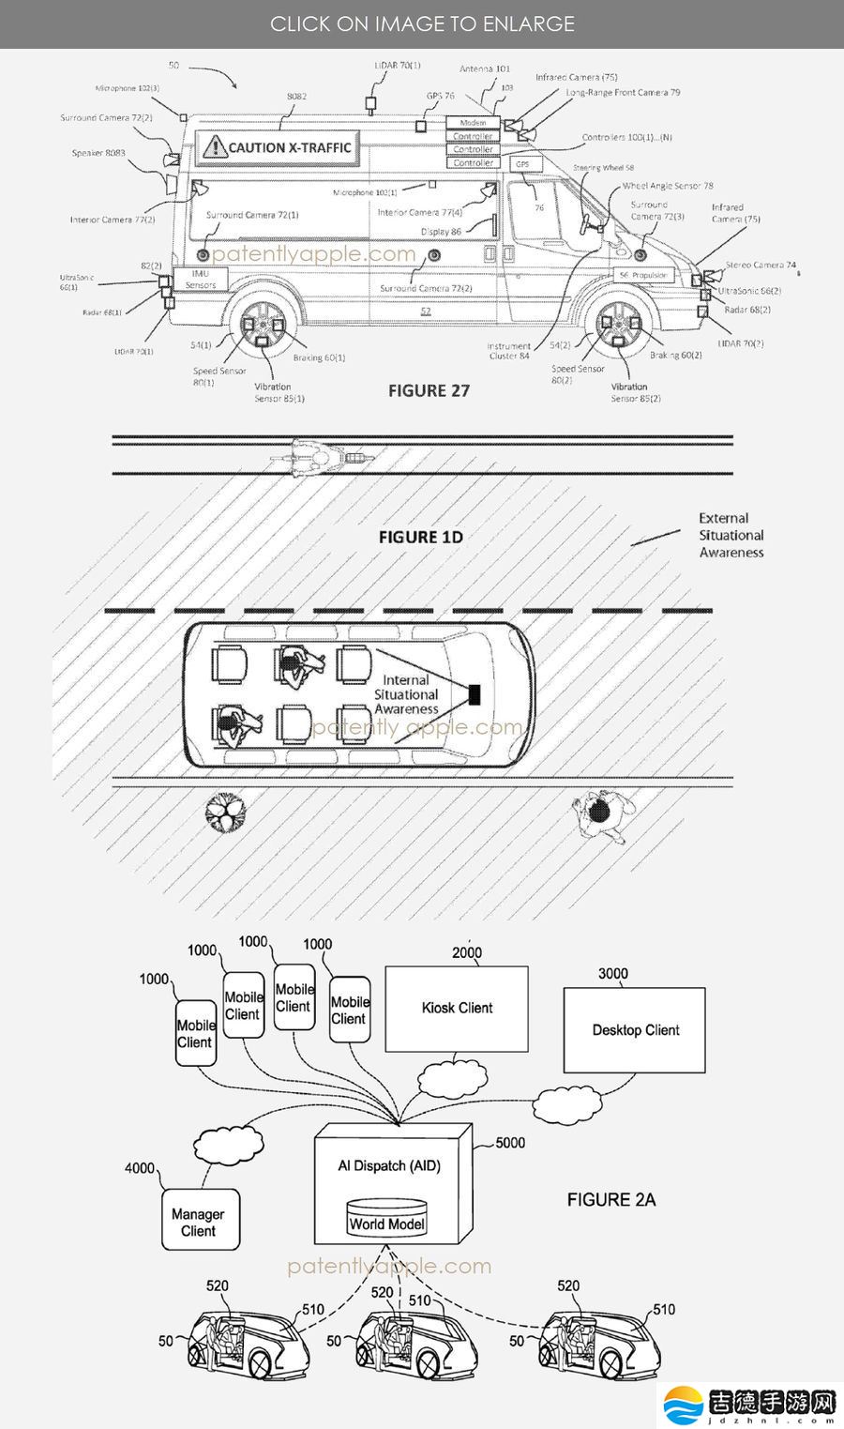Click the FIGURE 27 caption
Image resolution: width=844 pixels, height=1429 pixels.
coord(429,391)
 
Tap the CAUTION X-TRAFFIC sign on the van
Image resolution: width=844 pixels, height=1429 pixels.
coord(278,147)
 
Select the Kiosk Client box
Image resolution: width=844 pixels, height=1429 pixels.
coord(457,1008)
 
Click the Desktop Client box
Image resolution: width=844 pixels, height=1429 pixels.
coord(635,1030)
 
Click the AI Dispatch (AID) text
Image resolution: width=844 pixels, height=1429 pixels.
coord(389,1165)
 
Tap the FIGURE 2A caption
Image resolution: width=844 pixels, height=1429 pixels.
coord(610,1199)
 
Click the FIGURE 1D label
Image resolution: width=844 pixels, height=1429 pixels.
coord(420,537)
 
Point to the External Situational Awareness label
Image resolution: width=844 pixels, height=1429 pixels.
coord(731,535)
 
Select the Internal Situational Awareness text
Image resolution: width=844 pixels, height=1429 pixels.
coord(406,694)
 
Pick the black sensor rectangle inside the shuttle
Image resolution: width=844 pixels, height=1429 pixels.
coord(475,694)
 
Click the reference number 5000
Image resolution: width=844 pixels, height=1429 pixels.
coord(510,1143)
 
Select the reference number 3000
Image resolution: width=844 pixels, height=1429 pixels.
coord(613,974)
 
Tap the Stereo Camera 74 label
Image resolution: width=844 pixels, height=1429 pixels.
coord(760,266)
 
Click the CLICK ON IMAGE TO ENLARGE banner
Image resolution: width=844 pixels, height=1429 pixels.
coord(422,23)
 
